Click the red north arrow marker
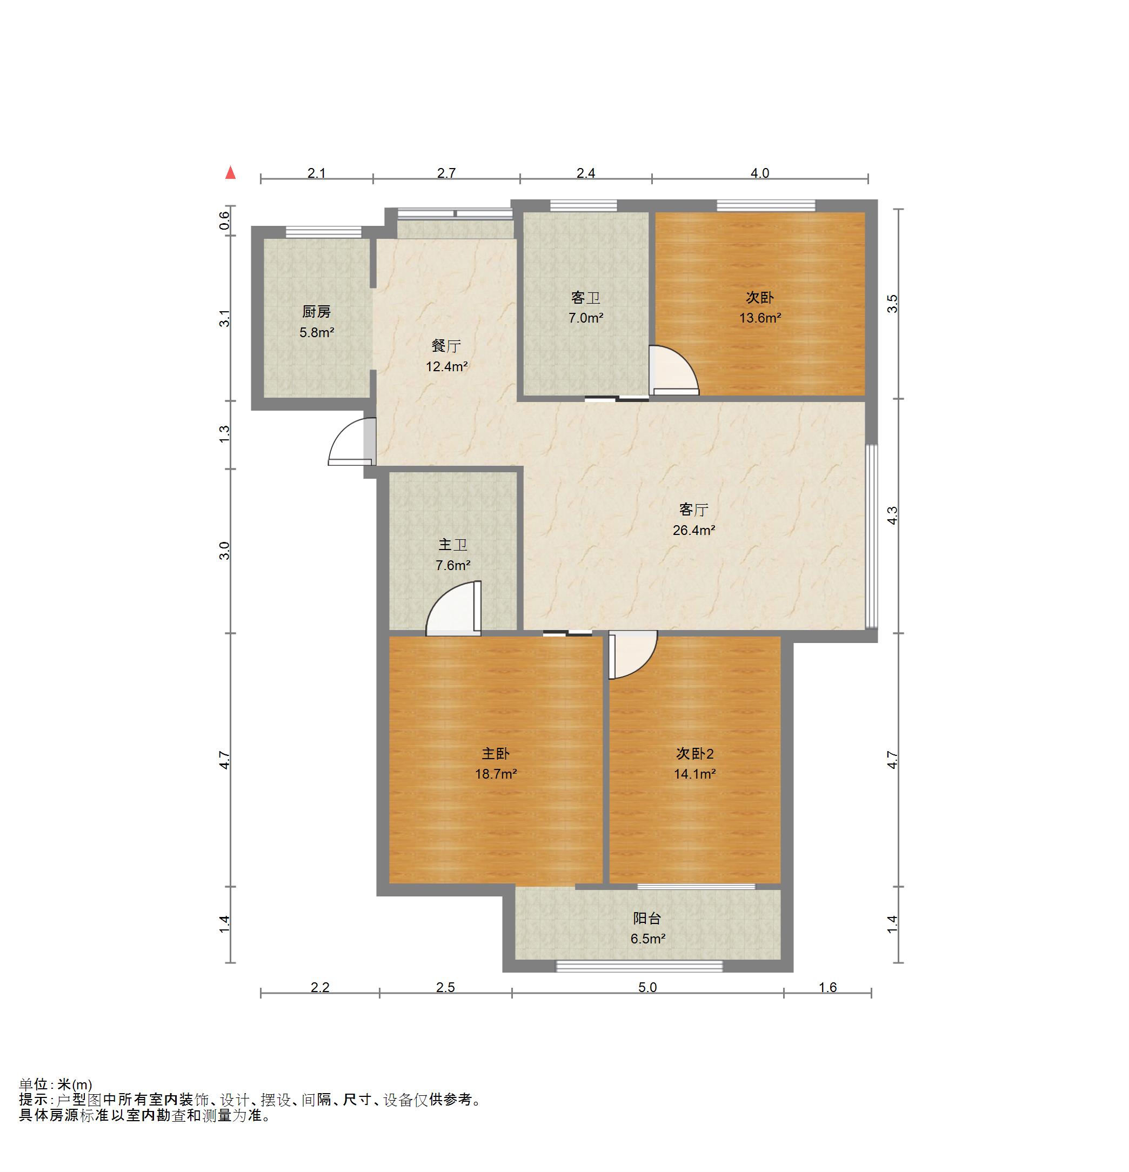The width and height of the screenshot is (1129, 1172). click(230, 173)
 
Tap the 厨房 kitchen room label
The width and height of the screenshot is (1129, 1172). click(316, 312)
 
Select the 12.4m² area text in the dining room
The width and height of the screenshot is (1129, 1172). click(446, 366)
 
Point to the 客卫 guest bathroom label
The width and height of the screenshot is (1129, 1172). click(585, 298)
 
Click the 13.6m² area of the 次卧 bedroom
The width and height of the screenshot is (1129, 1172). click(759, 318)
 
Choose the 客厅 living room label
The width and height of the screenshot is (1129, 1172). click(693, 510)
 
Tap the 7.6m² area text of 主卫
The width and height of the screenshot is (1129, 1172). click(453, 565)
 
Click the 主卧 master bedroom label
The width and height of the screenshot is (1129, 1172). click(496, 753)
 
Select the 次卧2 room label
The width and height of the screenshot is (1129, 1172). click(695, 753)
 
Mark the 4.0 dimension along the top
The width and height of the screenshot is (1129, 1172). click(759, 173)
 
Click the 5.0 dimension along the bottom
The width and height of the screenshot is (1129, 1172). click(647, 987)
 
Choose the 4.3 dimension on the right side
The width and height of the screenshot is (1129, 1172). click(892, 515)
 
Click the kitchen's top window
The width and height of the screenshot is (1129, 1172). click(324, 232)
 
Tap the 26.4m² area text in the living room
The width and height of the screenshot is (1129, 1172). click(693, 530)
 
